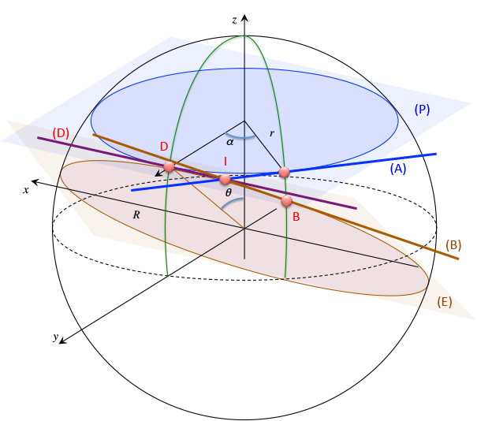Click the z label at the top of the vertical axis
(234, 19)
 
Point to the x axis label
(26, 190)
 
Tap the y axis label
(56, 337)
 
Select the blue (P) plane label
(422, 110)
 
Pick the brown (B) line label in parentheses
(453, 244)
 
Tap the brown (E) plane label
(445, 301)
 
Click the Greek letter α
(230, 142)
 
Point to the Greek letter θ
(229, 192)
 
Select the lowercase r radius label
(271, 134)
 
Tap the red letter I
(225, 161)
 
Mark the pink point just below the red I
(225, 180)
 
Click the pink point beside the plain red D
(169, 167)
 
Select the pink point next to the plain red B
(287, 201)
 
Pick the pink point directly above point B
(285, 172)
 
